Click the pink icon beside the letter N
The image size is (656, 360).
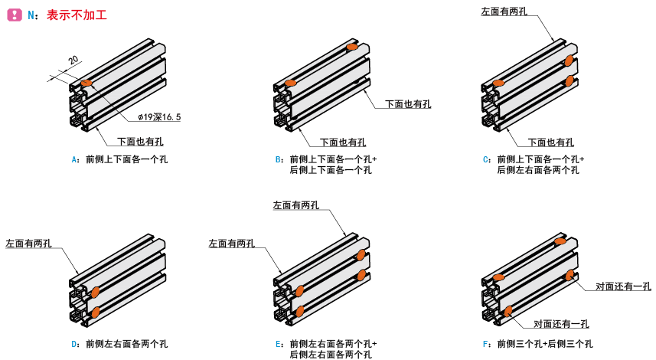pos(13,15)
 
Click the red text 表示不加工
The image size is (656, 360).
pos(77,15)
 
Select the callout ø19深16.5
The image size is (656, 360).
pos(159,117)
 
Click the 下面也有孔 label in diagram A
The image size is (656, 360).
pos(140,142)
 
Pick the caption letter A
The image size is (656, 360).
pos(74,159)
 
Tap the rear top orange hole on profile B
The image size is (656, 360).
pos(352,48)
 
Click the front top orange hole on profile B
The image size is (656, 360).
pos(289,83)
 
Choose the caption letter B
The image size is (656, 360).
pos(279,159)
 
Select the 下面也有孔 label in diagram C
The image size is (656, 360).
pos(551,142)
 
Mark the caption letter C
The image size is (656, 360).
pos(486,159)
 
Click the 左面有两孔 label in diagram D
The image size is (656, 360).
pos(28,244)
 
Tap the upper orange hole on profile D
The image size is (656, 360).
pos(96,292)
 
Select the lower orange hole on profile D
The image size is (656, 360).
pos(95,312)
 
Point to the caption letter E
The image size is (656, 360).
pos(279,344)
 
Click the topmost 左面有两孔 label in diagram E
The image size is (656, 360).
pos(295,205)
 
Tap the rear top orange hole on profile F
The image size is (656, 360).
pos(560,241)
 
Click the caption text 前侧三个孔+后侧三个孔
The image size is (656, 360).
pos(544,344)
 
